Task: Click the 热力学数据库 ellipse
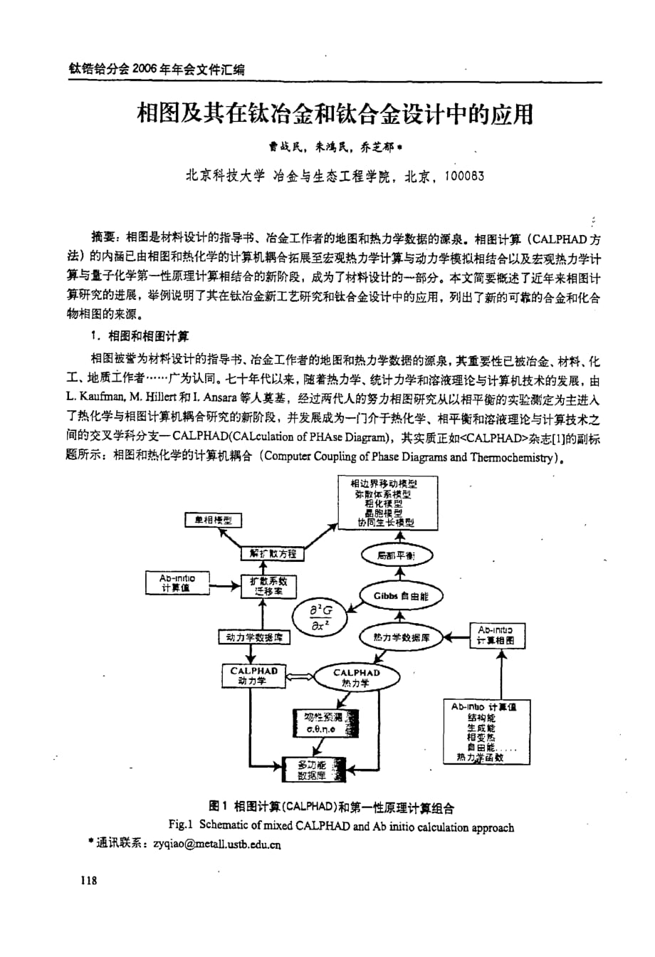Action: click(402, 637)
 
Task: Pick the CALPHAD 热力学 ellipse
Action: click(356, 677)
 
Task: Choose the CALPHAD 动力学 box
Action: click(253, 676)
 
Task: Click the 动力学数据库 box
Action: click(253, 637)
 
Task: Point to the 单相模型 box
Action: click(212, 521)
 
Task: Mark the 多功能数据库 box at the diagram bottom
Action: click(313, 770)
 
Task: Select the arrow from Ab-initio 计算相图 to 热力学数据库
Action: click(458, 637)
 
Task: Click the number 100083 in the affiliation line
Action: click(463, 177)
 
